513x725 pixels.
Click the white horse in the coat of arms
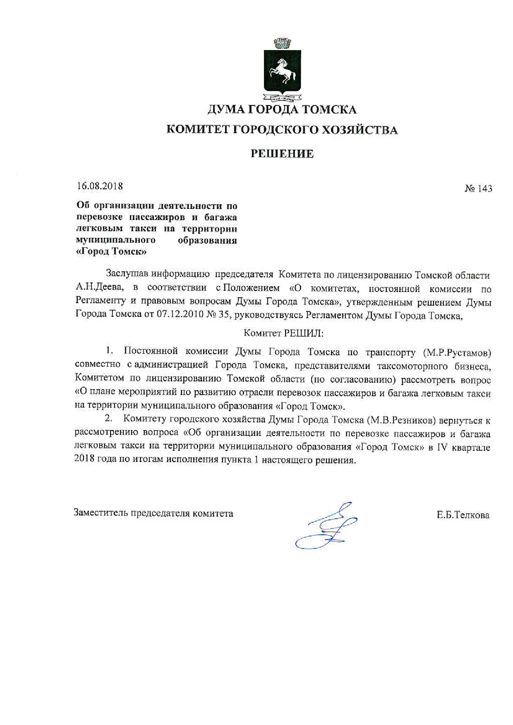[x=283, y=72]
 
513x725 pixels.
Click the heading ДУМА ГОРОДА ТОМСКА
[x=281, y=110]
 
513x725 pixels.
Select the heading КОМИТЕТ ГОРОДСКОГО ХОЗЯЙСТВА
[x=282, y=130]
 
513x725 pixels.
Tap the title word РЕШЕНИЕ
[x=282, y=154]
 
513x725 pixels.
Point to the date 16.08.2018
[x=100, y=186]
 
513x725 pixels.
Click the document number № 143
[x=478, y=189]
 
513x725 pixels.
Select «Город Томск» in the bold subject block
[x=112, y=251]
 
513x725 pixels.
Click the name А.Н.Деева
[x=99, y=288]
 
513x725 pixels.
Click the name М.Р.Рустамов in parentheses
[x=457, y=353]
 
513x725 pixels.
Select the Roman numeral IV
[x=442, y=447]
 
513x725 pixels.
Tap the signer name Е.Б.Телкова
[x=463, y=515]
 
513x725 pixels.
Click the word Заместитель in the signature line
[x=101, y=513]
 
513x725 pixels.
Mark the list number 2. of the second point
[x=109, y=419]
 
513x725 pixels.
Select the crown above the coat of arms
[x=283, y=43]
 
